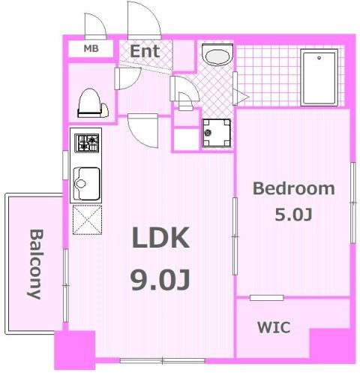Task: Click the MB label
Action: [x=91, y=49]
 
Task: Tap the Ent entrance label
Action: [x=145, y=51]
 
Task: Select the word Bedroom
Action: [x=294, y=188]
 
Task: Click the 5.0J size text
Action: [x=293, y=215]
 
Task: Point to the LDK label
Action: [x=160, y=238]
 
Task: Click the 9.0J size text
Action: [x=160, y=280]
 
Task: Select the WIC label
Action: [x=274, y=327]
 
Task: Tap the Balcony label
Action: [x=35, y=264]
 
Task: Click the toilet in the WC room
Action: [x=92, y=103]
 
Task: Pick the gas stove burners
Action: [x=87, y=143]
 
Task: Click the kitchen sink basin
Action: [x=87, y=184]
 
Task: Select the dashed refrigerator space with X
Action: [x=87, y=220]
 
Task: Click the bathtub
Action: [x=319, y=77]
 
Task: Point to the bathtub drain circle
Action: [x=319, y=58]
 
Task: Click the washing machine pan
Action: [x=217, y=133]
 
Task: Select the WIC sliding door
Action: [x=267, y=298]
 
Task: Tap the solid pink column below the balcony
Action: [x=75, y=350]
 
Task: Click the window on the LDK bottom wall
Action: [x=163, y=361]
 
